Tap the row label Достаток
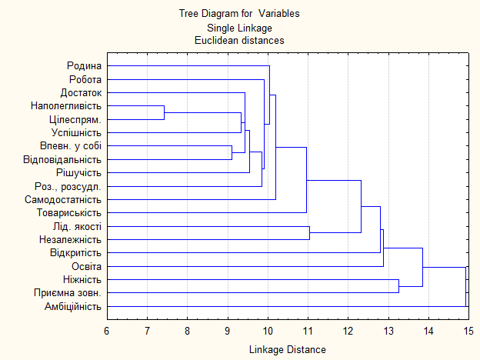[x=82, y=92]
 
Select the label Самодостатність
[x=67, y=199]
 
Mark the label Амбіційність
[x=73, y=307]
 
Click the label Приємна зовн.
[x=68, y=293]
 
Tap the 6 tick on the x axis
[x=106, y=331]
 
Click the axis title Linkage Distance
[x=287, y=349]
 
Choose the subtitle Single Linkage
[x=239, y=27]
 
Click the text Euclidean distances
[x=239, y=39]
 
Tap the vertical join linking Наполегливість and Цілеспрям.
[x=165, y=112]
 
